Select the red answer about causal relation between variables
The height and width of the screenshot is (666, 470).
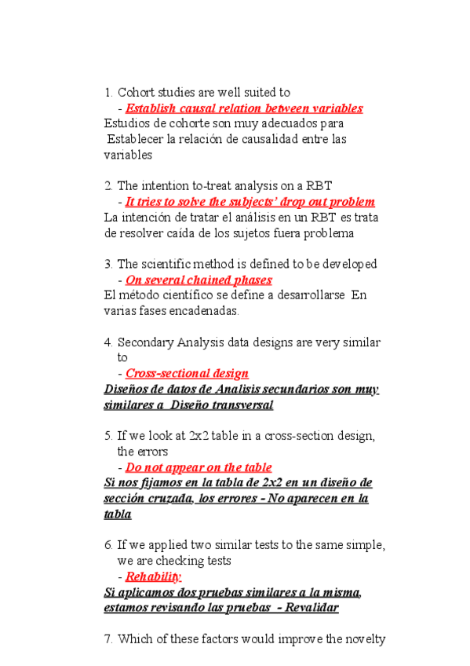coord(244,108)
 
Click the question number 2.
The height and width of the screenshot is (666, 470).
coord(107,186)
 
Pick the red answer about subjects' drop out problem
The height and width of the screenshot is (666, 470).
coord(250,202)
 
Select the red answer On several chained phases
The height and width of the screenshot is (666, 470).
coord(199,280)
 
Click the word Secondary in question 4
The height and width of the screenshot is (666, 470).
coord(144,342)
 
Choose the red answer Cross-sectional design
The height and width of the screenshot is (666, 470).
coord(187,373)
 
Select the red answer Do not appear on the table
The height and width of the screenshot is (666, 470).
coord(199,467)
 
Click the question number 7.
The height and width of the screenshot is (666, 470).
coord(107,639)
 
